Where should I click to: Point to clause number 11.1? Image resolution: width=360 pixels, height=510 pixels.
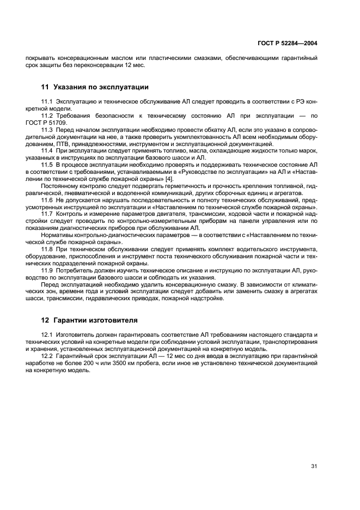pyautogui.click(x=47, y=102)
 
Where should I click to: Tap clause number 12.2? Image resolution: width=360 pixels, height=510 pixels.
pyautogui.click(x=47, y=356)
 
